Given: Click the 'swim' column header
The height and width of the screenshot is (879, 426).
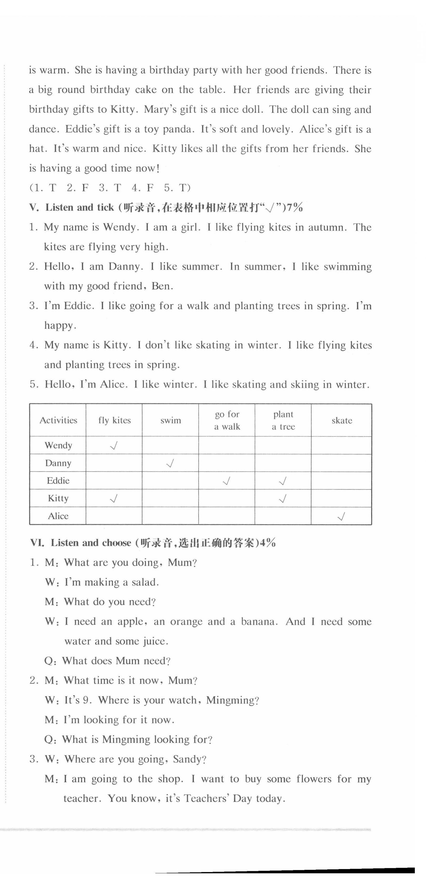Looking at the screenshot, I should pyautogui.click(x=170, y=420).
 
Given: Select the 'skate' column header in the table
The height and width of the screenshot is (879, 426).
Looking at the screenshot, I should pyautogui.click(x=342, y=420).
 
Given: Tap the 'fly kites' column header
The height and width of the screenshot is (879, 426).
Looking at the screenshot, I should pyautogui.click(x=114, y=420).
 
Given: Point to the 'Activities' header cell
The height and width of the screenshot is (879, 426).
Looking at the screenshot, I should pyautogui.click(x=58, y=420).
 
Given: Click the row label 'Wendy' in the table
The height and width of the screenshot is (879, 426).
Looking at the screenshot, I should pyautogui.click(x=58, y=445).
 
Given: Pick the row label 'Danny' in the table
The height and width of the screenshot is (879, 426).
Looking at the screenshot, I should pyautogui.click(x=58, y=463).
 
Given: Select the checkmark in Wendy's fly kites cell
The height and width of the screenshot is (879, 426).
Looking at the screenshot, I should pyautogui.click(x=114, y=445).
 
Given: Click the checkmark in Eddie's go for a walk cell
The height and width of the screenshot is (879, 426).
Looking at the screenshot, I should pyautogui.click(x=227, y=481).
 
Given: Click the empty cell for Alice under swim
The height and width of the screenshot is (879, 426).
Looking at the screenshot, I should pyautogui.click(x=170, y=516).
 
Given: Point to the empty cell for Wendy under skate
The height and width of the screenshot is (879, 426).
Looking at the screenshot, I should pyautogui.click(x=341, y=445).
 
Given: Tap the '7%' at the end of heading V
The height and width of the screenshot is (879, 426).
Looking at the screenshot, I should pyautogui.click(x=294, y=207).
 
